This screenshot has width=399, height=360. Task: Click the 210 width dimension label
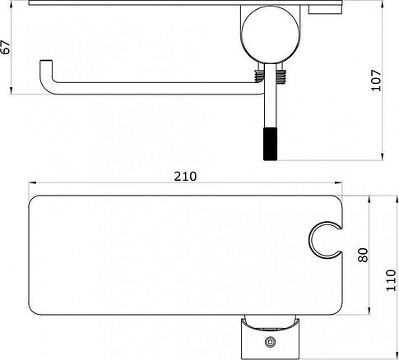[185, 177]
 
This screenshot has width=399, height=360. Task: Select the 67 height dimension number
[6, 47]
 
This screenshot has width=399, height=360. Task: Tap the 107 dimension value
[376, 81]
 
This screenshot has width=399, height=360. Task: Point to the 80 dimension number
[363, 255]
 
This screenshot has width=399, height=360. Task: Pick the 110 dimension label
[391, 280]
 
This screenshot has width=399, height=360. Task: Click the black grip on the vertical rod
[271, 144]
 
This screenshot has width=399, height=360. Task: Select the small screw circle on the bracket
[271, 342]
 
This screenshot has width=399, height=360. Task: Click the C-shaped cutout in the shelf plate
[310, 240]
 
